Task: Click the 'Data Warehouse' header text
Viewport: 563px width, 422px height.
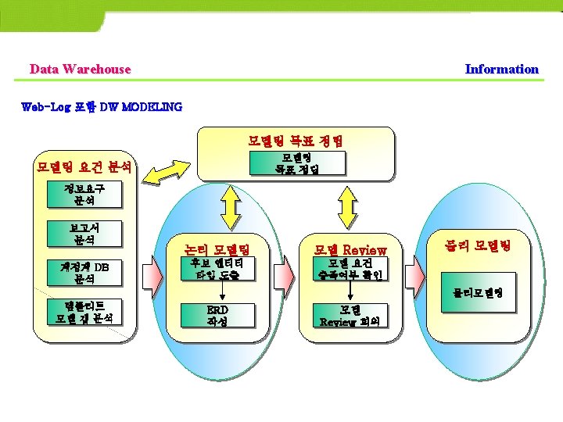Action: (x=80, y=69)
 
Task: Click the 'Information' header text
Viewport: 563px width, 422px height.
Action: (x=501, y=69)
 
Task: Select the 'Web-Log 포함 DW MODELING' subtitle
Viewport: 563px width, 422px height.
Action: (x=102, y=106)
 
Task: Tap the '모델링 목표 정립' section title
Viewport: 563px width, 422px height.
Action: (x=295, y=141)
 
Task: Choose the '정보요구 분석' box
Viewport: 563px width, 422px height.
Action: (x=84, y=194)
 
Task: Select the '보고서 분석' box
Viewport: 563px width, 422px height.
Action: (x=84, y=233)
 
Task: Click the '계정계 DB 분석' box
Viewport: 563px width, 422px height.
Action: (x=84, y=273)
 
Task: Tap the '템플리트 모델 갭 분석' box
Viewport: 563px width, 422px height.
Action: (x=84, y=311)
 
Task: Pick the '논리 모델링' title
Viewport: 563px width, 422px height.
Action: (x=216, y=250)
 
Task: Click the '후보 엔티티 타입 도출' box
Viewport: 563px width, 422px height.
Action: (x=217, y=270)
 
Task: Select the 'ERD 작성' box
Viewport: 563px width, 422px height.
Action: (x=217, y=315)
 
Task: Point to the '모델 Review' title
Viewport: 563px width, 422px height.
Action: (x=350, y=250)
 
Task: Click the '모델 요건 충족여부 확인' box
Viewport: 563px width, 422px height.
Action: (x=350, y=270)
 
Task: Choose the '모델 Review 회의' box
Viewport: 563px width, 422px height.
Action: (x=350, y=315)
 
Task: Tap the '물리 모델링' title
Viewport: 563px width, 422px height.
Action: (x=476, y=245)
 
